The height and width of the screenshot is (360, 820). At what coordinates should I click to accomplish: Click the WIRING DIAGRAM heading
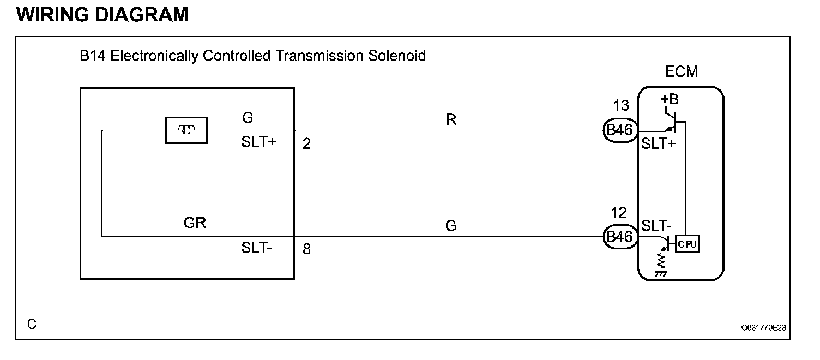click(103, 15)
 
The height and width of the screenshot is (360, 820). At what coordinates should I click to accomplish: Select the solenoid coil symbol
click(186, 130)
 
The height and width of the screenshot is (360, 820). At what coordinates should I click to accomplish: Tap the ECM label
click(682, 71)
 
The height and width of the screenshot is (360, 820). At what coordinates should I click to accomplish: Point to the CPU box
click(688, 243)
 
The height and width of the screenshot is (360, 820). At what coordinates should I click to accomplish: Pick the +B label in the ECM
click(670, 100)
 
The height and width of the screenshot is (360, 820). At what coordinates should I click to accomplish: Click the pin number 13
click(621, 106)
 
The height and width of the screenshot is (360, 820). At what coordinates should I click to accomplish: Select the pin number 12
click(619, 213)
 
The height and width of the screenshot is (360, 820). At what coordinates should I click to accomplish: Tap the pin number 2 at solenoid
click(306, 145)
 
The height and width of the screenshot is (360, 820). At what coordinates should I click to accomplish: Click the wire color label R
click(451, 120)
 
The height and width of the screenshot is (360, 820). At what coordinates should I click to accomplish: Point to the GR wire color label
click(195, 223)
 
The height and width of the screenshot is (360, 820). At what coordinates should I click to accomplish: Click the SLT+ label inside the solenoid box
click(259, 143)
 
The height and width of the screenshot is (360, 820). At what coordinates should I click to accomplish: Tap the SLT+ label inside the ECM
click(658, 145)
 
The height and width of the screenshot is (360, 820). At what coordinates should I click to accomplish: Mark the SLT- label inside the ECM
click(656, 225)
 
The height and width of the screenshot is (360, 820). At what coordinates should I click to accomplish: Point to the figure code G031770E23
click(763, 328)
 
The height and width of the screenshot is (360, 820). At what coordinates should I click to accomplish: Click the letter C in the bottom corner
click(32, 324)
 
